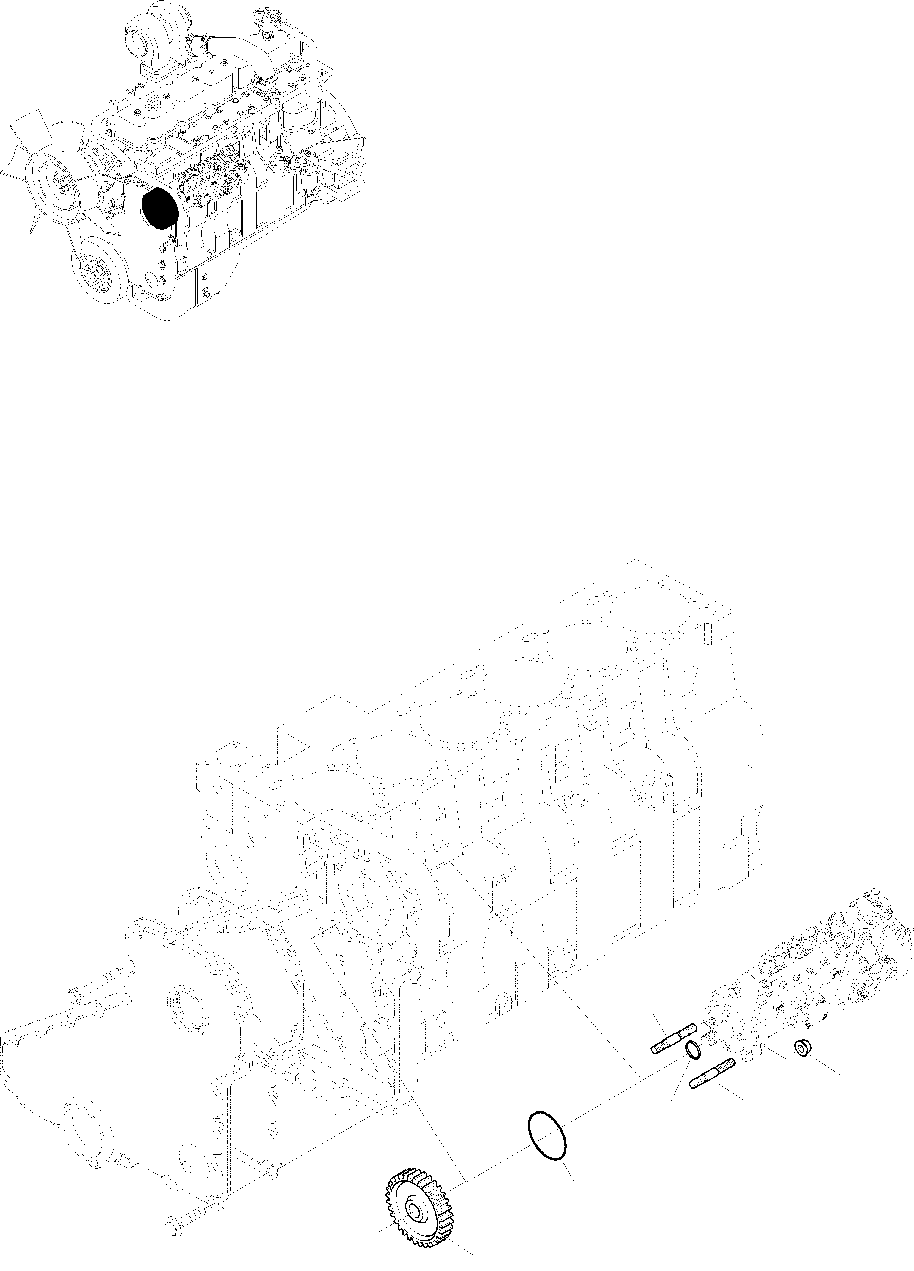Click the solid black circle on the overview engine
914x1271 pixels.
click(160, 207)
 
